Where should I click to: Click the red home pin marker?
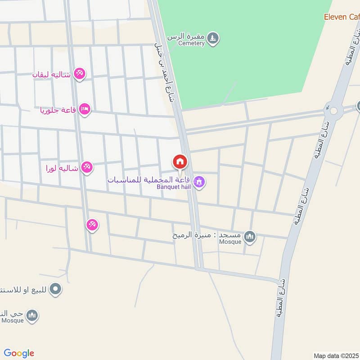click(180, 162)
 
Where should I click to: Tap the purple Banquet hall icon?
click(200, 182)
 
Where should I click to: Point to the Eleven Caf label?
click(342, 17)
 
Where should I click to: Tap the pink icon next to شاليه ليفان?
click(79, 73)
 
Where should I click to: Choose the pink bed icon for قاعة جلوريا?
click(85, 109)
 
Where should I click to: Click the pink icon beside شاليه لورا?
click(87, 167)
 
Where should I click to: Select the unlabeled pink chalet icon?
click(92, 225)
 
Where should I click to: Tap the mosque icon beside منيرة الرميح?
click(250, 236)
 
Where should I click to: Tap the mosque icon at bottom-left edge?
click(31, 316)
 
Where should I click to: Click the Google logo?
click(19, 353)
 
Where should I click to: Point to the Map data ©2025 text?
click(336, 355)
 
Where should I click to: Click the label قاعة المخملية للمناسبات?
click(149, 179)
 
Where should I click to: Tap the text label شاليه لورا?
click(62, 168)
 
